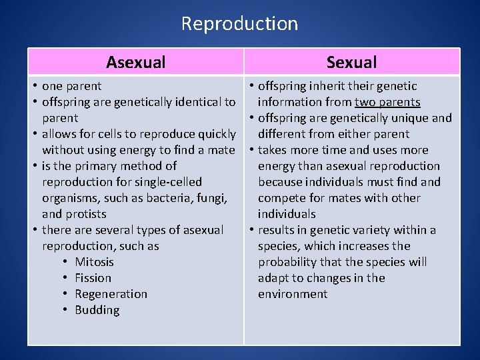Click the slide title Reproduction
pos(239,24)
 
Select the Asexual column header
pos(135,63)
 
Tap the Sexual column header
pos(351,63)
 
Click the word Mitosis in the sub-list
pos(94,262)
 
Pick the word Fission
pos(93,278)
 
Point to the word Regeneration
pos(111,294)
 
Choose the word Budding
pos(97,310)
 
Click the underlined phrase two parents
pos(387,102)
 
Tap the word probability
pos(291,262)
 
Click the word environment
pos(293,294)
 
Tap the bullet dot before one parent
pos(33,86)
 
